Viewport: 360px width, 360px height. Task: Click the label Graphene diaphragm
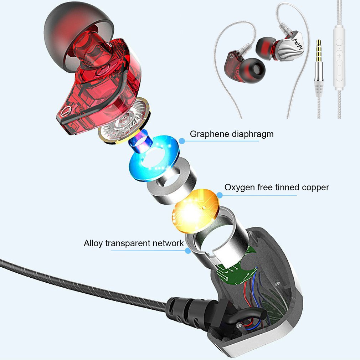pyautogui.click(x=231, y=134)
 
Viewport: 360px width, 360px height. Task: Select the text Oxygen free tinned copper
pyautogui.click(x=276, y=187)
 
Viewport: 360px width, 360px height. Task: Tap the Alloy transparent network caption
pyautogui.click(x=134, y=243)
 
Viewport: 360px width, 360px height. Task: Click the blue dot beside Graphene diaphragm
pyautogui.click(x=182, y=141)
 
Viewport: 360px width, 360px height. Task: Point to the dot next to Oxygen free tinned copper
pyautogui.click(x=220, y=195)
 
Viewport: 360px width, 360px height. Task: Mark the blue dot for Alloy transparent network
pyautogui.click(x=188, y=251)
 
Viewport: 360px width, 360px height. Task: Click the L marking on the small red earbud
pyautogui.click(x=232, y=56)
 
